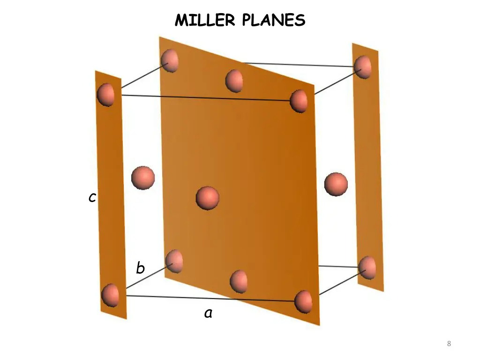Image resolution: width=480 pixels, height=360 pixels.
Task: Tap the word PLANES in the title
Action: tap(274, 20)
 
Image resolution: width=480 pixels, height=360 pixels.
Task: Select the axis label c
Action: tap(92, 198)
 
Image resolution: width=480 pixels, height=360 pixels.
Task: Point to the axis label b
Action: tap(140, 268)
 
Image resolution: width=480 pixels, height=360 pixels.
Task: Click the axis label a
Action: tap(209, 313)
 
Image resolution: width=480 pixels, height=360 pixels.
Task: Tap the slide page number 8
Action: tap(449, 344)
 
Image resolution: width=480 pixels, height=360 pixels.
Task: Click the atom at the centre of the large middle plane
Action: tap(207, 197)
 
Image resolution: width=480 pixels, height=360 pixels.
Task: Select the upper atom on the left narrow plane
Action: tap(105, 94)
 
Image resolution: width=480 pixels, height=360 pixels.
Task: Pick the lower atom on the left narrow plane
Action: tap(110, 295)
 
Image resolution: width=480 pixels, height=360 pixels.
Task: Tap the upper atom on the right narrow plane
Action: tap(363, 66)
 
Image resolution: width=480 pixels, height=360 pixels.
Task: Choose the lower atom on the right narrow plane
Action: tap(367, 268)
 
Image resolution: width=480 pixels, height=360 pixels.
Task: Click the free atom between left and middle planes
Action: tap(142, 178)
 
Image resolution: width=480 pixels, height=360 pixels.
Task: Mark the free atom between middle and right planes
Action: tap(336, 184)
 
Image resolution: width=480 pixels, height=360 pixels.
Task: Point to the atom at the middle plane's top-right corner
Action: tap(299, 101)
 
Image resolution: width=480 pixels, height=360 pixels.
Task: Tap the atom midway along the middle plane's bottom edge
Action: tap(239, 281)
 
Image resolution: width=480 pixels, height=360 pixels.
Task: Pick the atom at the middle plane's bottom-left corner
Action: tap(174, 261)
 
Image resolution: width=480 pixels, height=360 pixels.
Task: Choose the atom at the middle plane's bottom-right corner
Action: tap(303, 301)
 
